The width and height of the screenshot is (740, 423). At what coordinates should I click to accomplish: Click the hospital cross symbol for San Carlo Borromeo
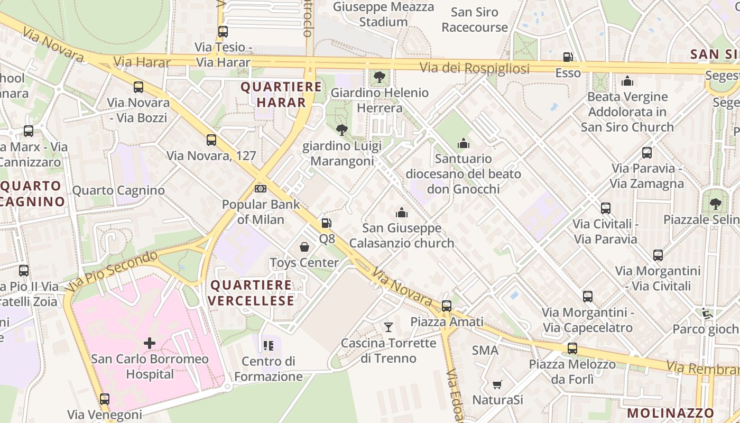pos(150,343)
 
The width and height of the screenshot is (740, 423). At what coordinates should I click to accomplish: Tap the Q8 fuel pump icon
pos(327,224)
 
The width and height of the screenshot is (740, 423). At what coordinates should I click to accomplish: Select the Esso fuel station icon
pos(568,57)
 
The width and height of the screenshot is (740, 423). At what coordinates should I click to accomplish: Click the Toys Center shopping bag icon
pos(304,247)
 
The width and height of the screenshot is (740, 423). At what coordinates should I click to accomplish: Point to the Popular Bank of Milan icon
pos(261,189)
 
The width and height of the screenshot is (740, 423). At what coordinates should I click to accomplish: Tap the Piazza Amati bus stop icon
pos(447,306)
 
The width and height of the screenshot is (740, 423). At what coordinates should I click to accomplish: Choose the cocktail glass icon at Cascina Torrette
pos(388,327)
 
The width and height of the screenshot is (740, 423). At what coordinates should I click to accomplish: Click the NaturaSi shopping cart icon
pos(497,384)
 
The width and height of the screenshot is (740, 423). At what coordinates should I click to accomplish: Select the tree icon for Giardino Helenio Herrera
pos(379,77)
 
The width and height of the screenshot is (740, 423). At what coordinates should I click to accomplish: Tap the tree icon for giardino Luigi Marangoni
pos(342,130)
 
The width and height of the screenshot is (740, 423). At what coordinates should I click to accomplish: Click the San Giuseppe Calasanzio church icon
pos(402,213)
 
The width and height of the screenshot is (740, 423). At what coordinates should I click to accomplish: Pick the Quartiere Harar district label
pos(281,95)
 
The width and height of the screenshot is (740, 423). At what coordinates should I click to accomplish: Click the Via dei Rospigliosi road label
pos(474,68)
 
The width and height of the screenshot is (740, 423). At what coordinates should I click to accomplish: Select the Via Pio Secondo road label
pos(112,271)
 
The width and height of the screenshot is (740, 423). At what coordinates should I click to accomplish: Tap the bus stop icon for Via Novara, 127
pos(211,140)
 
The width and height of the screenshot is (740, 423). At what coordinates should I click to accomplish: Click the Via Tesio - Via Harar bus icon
pos(223,32)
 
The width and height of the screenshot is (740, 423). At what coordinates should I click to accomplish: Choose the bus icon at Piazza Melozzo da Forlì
pos(572,348)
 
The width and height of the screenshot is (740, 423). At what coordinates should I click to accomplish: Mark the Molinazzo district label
pos(671,413)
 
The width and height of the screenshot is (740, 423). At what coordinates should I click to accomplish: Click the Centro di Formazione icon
pos(269,346)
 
